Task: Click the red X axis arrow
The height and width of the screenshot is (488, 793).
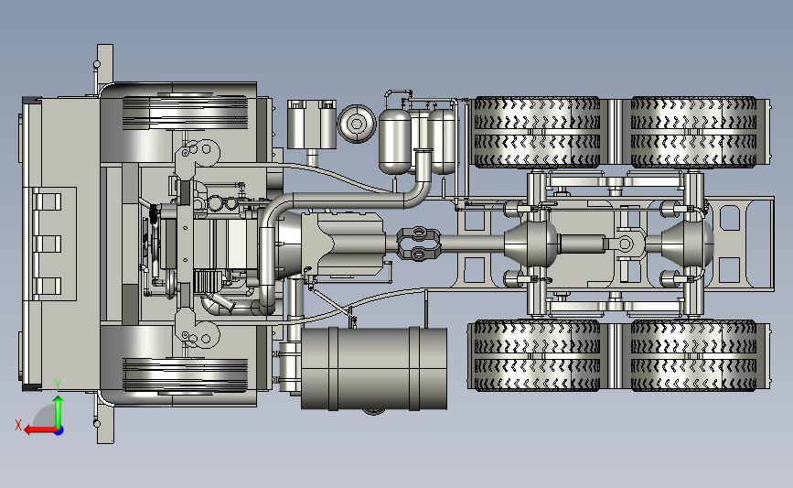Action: [x=41, y=430]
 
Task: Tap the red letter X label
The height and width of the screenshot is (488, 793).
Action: [x=18, y=425]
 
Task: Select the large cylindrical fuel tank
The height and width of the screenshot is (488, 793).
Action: [x=374, y=368]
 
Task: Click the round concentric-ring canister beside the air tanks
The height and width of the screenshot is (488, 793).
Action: [x=357, y=124]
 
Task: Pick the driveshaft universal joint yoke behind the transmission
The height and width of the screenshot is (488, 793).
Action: [x=418, y=243]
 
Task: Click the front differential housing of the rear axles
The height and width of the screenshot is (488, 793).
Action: [x=532, y=244]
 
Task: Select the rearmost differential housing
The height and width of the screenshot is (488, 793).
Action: [x=687, y=244]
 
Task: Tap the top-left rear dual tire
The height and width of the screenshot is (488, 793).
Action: [x=537, y=132]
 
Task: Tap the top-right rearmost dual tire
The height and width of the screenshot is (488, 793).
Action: [x=694, y=132]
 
